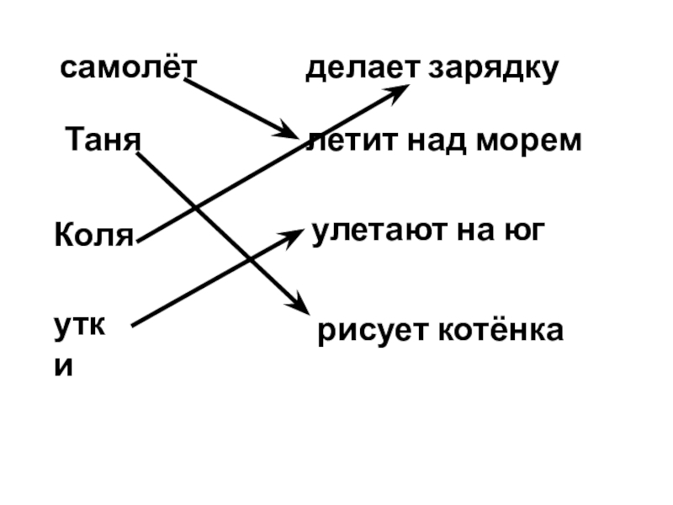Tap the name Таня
[x=102, y=138]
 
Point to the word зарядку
[x=492, y=69]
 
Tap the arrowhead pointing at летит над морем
[x=289, y=134]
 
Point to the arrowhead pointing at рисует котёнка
[x=294, y=303]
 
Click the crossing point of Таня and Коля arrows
[x=195, y=208]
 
